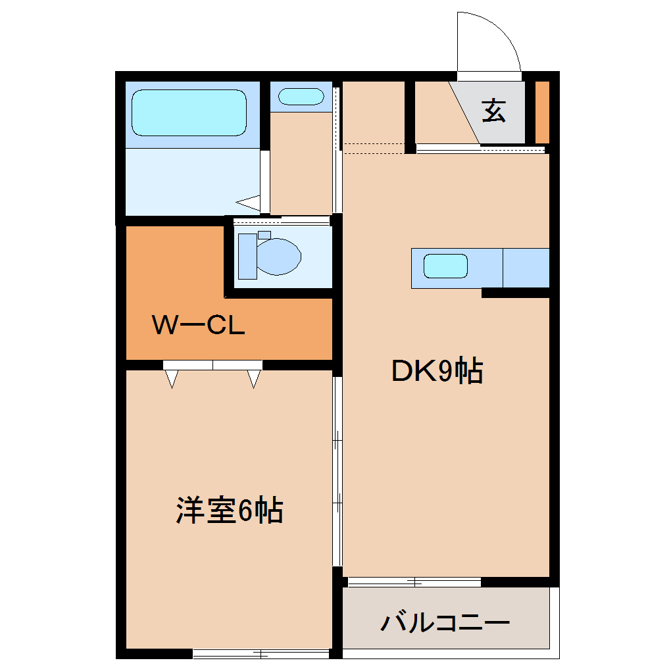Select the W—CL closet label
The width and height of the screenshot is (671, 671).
point(199,325)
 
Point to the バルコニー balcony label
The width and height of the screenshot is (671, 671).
point(445,622)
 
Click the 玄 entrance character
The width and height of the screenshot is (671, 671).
point(494,111)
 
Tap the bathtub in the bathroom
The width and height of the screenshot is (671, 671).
point(189,112)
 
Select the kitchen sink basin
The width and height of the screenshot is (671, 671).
point(445,266)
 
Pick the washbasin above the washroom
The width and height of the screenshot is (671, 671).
point(301,97)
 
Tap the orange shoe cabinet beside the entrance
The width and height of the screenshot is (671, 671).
point(542,112)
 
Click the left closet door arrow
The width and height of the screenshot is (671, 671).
point(172,378)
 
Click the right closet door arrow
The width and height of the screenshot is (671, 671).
point(254,378)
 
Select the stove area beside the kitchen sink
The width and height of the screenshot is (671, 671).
point(526,268)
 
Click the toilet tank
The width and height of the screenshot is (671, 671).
point(247,255)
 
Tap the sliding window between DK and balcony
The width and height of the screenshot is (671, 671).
point(414,582)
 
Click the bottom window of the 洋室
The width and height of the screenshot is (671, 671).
point(261,654)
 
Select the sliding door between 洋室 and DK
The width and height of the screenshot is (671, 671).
point(337,470)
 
